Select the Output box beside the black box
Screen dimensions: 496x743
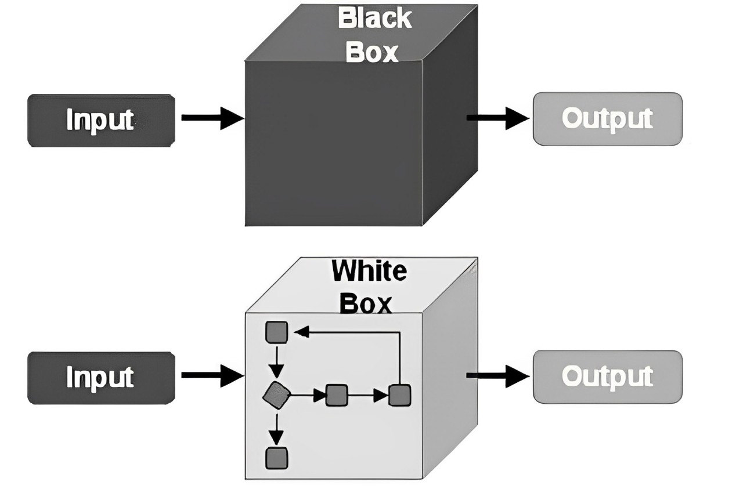pyautogui.click(x=607, y=118)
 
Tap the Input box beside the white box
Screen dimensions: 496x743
pyautogui.click(x=101, y=377)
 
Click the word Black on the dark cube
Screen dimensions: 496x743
pyautogui.click(x=374, y=19)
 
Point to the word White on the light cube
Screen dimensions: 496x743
pyautogui.click(x=369, y=270)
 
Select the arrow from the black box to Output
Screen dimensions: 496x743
pyautogui.click(x=497, y=118)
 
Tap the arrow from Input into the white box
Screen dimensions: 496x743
pyautogui.click(x=212, y=375)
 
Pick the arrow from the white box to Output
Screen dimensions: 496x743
pyautogui.click(x=497, y=375)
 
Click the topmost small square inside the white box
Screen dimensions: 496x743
pyautogui.click(x=276, y=332)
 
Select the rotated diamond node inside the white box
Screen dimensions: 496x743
pyautogui.click(x=276, y=396)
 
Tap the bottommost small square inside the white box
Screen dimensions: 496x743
pyautogui.click(x=276, y=458)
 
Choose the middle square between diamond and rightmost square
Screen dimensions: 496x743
pyautogui.click(x=337, y=395)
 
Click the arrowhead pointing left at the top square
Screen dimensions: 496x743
pyautogui.click(x=301, y=332)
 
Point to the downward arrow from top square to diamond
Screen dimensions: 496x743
pyautogui.click(x=278, y=362)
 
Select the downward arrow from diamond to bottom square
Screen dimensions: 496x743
pyautogui.click(x=278, y=429)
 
